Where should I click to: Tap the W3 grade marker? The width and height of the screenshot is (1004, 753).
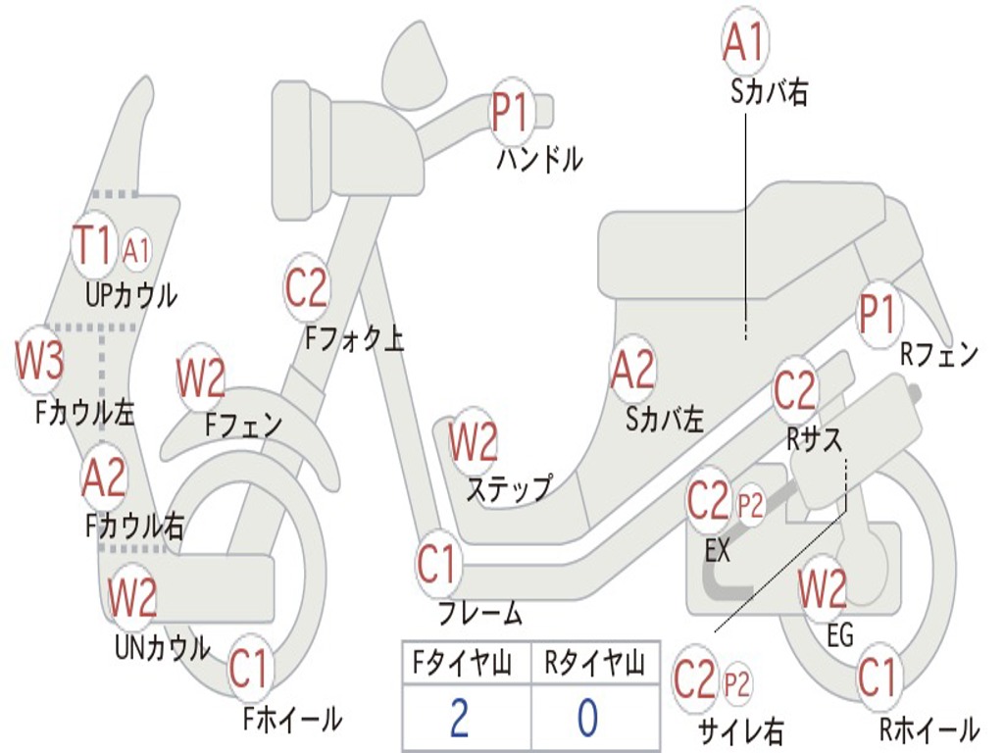pyautogui.click(x=39, y=362)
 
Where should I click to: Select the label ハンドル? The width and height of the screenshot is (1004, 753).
pyautogui.click(x=539, y=158)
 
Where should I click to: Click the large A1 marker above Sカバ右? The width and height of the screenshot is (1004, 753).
pyautogui.click(x=742, y=41)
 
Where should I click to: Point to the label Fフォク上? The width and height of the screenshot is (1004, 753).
pyautogui.click(x=354, y=338)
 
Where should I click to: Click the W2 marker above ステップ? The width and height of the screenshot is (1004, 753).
pyautogui.click(x=474, y=442)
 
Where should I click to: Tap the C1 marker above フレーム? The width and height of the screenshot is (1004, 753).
pyautogui.click(x=438, y=565)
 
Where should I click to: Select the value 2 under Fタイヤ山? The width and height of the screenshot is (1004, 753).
pyautogui.click(x=458, y=718)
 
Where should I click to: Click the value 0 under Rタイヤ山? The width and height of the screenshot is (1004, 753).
pyautogui.click(x=587, y=718)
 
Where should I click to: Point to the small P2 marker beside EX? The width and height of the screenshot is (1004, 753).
pyautogui.click(x=750, y=506)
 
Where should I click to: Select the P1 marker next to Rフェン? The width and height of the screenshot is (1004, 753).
pyautogui.click(x=878, y=315)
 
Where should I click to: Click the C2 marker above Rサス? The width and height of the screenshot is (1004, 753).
pyautogui.click(x=794, y=390)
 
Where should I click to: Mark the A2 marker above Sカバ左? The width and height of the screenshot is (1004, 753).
pyautogui.click(x=632, y=370)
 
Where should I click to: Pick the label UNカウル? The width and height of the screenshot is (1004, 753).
pyautogui.click(x=162, y=647)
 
